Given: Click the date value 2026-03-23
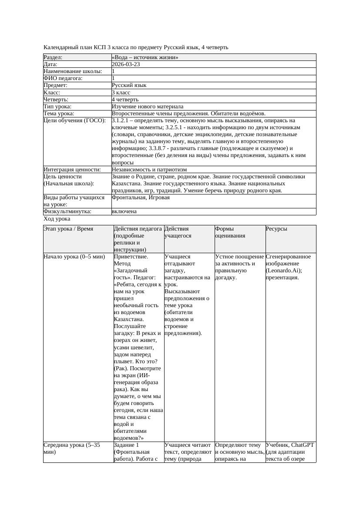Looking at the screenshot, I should (x=126, y=64).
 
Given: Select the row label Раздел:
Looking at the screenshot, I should (x=53, y=57).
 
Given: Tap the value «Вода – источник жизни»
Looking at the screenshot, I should (x=145, y=57).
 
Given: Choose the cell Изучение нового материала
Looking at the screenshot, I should (x=148, y=107).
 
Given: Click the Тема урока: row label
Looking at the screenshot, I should (x=59, y=114).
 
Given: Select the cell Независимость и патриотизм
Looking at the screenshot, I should (x=149, y=170).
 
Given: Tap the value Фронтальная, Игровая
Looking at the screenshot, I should (x=141, y=198).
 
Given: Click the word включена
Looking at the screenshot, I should (x=124, y=211).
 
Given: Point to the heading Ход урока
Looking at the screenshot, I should (x=57, y=219).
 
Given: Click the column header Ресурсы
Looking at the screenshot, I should (x=276, y=228).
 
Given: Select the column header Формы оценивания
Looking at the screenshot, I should (x=230, y=232).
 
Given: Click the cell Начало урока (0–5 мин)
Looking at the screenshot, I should (x=74, y=257).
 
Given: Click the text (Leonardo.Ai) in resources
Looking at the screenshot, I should (x=284, y=271).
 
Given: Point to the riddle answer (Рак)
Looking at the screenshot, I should (x=121, y=368).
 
